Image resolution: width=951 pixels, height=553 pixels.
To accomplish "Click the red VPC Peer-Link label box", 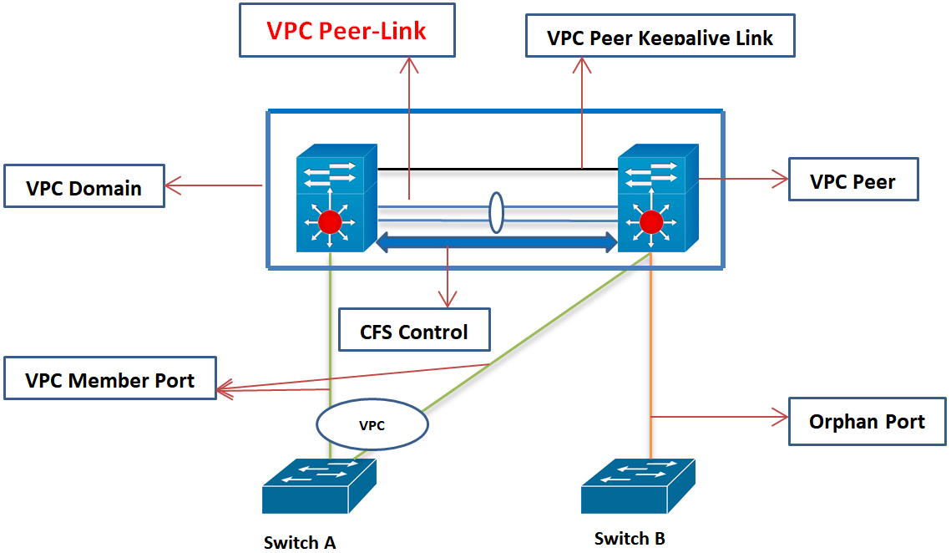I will pyautogui.click(x=347, y=31).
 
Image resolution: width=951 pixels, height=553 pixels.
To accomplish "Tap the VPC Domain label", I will pyautogui.click(x=83, y=187).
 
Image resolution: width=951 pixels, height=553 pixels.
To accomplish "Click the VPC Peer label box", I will pyautogui.click(x=852, y=181).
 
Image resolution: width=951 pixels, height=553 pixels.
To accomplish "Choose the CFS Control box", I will pyautogui.click(x=414, y=332).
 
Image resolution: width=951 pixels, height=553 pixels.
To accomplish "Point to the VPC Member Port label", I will pyautogui.click(x=109, y=380).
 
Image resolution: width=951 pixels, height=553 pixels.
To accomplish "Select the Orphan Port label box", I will pyautogui.click(x=867, y=421).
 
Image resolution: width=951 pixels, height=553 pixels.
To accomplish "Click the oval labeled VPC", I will pyautogui.click(x=372, y=425).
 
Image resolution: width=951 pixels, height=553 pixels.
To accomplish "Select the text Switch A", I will pyautogui.click(x=300, y=542).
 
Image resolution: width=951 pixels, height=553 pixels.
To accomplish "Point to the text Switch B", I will pyautogui.click(x=630, y=538).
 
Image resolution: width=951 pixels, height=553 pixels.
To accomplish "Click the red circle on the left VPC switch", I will pyautogui.click(x=331, y=222).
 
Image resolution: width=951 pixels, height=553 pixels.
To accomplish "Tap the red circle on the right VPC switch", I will pyautogui.click(x=651, y=222).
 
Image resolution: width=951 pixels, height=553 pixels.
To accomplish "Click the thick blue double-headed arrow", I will pyautogui.click(x=497, y=243).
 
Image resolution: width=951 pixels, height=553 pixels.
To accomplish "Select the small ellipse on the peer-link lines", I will pyautogui.click(x=496, y=213).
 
